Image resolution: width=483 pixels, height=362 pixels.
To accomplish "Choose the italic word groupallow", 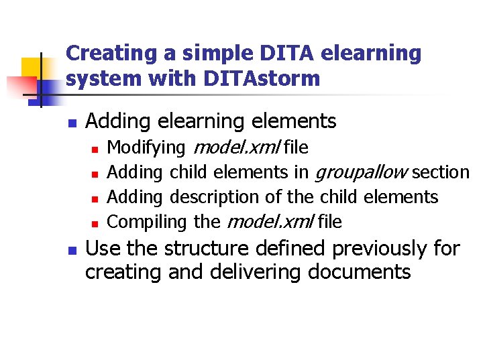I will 360,172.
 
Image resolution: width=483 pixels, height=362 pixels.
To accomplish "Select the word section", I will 440,172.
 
